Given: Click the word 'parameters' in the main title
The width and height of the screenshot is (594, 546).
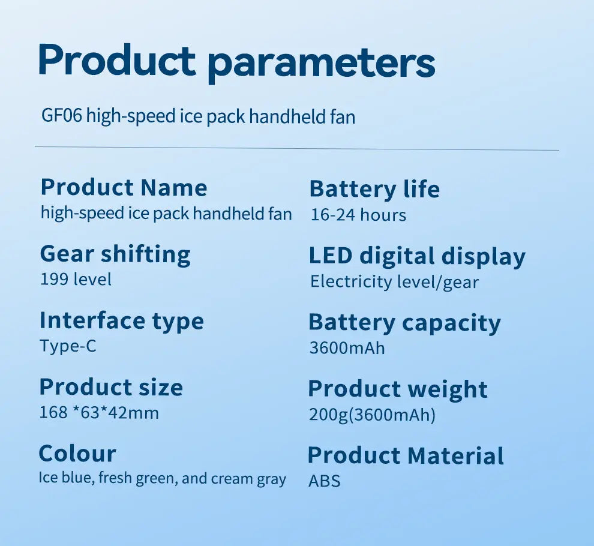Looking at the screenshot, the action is coord(322,64).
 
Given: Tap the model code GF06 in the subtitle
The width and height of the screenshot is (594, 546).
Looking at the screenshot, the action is coord(61,115).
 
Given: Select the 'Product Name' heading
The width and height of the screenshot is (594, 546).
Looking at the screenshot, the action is coord(124,187).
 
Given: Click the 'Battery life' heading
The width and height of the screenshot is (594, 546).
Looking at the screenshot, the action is coord(374,188).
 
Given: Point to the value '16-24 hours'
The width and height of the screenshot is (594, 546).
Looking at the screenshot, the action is coord(358,215).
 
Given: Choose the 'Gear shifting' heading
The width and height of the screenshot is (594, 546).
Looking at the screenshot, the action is coord(115,254).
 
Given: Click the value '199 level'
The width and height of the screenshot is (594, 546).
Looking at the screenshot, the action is coord(76,280).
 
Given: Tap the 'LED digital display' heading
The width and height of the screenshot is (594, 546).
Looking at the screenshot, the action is coord(417,257).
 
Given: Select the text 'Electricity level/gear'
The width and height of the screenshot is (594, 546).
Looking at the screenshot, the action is coord(394,282).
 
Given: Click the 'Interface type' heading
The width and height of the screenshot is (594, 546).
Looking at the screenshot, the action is coord(122,322).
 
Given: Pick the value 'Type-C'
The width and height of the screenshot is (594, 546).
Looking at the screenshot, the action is coord(68,346).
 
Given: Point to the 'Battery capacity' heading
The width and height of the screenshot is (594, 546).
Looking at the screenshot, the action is coord(404,323).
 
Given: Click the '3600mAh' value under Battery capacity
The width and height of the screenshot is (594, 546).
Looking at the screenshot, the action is coord(347,348).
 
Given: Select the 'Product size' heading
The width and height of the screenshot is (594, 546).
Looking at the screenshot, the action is coord(111,387).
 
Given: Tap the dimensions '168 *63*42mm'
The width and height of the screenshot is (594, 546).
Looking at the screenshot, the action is coord(99,413).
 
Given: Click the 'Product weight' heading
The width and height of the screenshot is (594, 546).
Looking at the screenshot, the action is coord(398,390).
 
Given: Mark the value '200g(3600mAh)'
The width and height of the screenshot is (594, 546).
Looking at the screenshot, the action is coord(373,415).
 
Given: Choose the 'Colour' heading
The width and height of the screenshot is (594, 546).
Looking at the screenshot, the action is coord(77,454).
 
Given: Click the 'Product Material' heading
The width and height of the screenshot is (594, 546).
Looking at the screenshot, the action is coord(406,455).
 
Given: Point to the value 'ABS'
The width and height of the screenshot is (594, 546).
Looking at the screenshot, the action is coord(324,481).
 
